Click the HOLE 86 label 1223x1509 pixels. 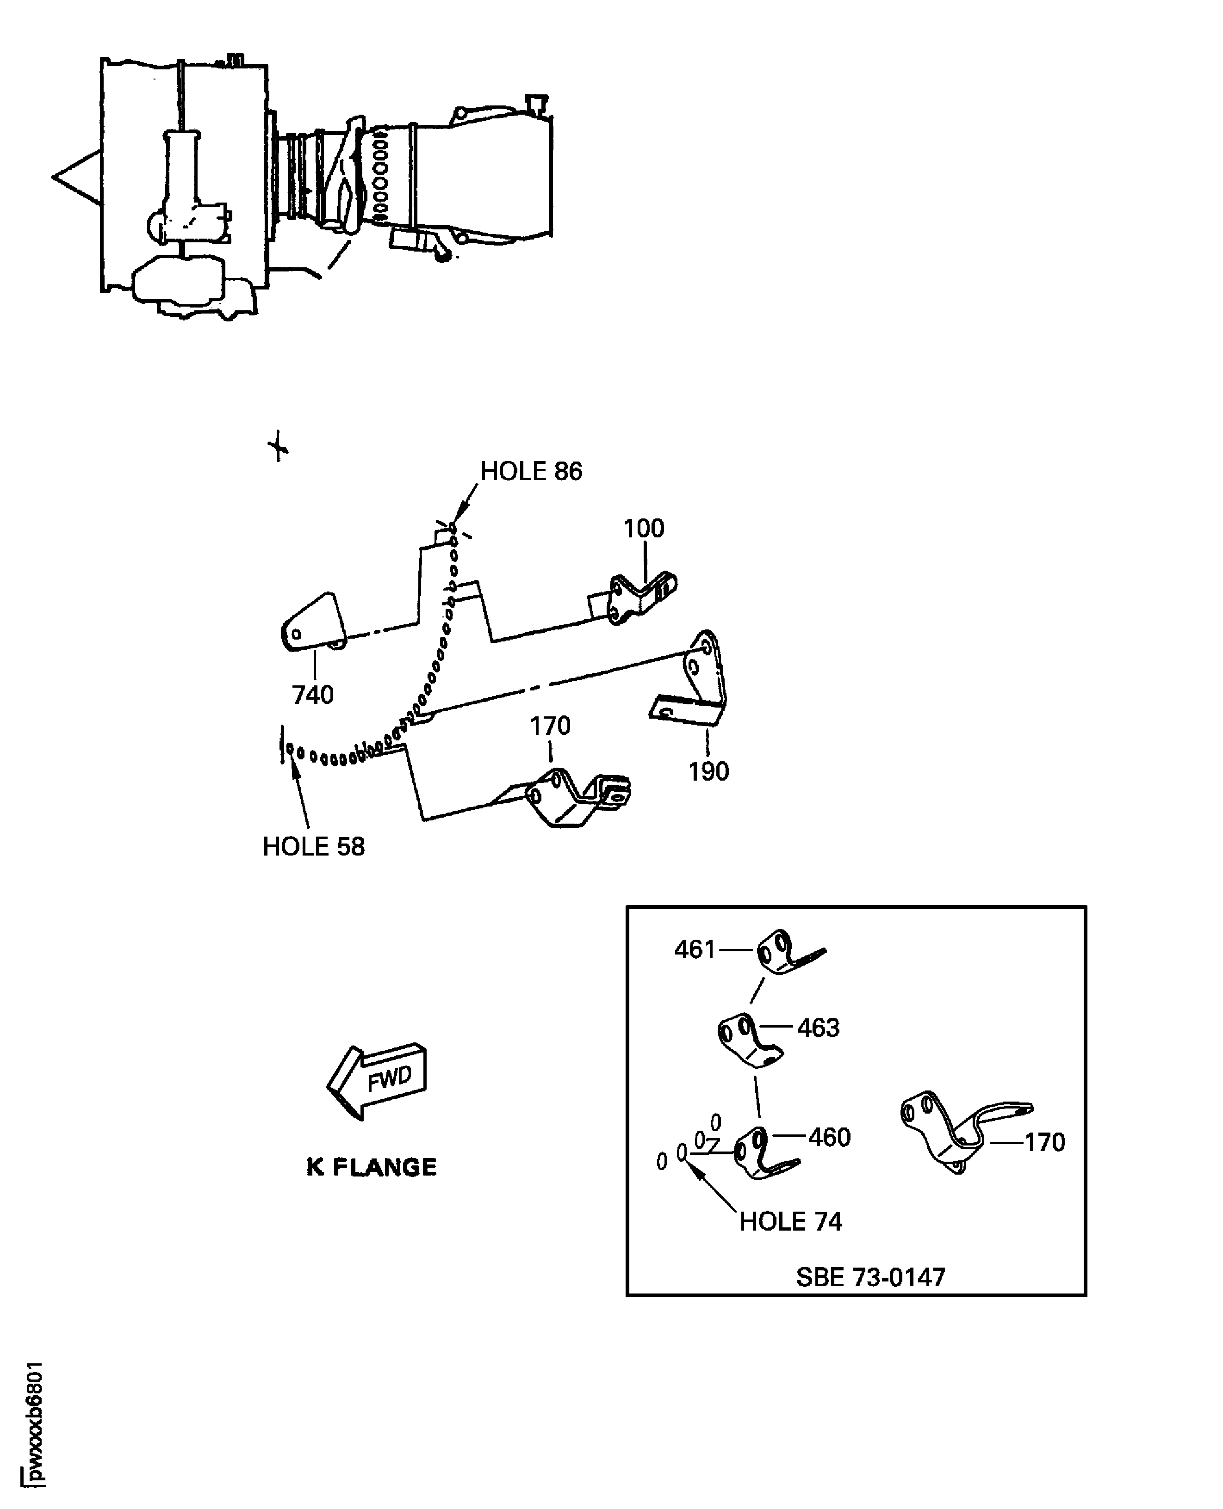pyautogui.click(x=531, y=472)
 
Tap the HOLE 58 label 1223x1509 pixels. pyautogui.click(x=313, y=846)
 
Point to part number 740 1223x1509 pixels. pyautogui.click(x=313, y=695)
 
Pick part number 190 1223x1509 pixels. pyautogui.click(x=708, y=772)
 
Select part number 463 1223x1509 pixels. pyautogui.click(x=818, y=1028)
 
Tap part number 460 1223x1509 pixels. pyautogui.click(x=829, y=1137)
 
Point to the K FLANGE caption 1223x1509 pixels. pyautogui.click(x=371, y=1168)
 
